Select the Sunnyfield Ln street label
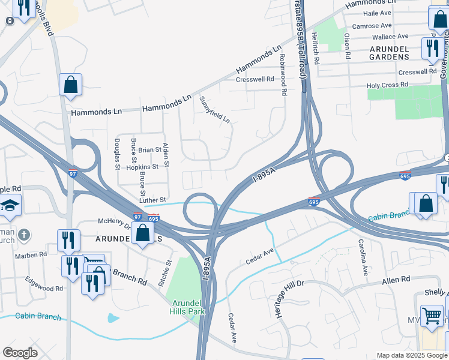point(214,109)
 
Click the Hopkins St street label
point(142,167)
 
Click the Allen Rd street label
point(396,280)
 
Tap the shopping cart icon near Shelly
point(432,314)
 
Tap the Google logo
point(20,353)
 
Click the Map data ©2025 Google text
point(411,355)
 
